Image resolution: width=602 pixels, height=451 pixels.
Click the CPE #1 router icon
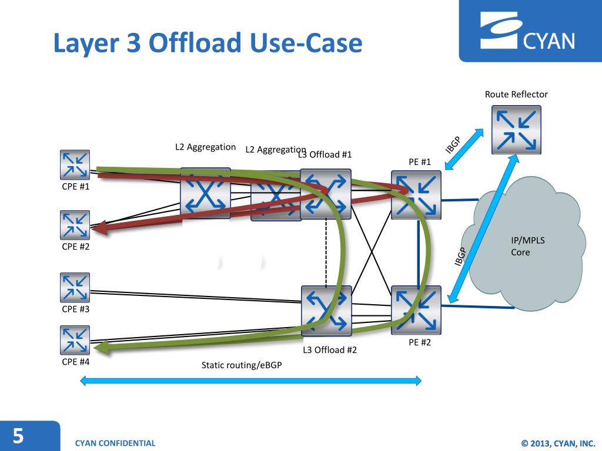[x=75, y=164]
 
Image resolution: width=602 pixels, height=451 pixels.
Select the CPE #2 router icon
[x=75, y=225]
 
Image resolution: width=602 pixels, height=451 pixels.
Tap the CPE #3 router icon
[x=75, y=287]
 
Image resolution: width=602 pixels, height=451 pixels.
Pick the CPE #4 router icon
[x=75, y=340]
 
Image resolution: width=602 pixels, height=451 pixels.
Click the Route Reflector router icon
[x=516, y=130]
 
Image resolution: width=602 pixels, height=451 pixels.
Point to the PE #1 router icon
[x=416, y=195]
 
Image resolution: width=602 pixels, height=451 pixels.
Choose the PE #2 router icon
[x=416, y=310]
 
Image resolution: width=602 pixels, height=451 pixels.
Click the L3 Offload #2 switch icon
[x=326, y=311]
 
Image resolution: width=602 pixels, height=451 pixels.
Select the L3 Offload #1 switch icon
[x=326, y=194]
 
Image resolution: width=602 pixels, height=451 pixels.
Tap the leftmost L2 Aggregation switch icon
[x=205, y=193]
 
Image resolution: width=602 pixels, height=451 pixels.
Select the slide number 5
[x=19, y=436]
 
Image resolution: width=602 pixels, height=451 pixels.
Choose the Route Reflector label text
[x=516, y=95]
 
